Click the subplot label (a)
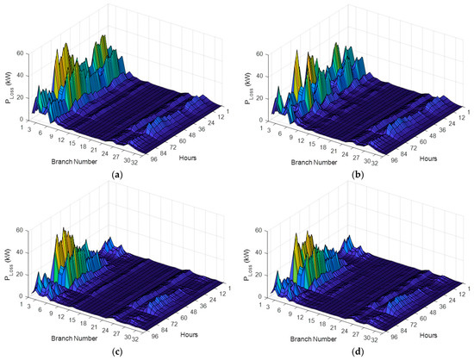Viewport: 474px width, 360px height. point(117,172)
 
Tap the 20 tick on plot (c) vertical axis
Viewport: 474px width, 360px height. point(25,272)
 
